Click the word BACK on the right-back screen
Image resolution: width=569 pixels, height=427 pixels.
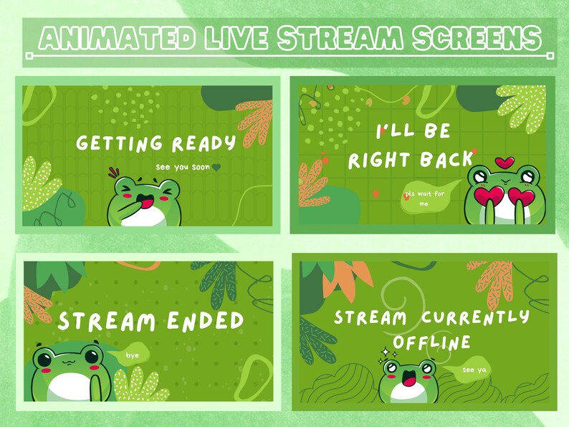point(446,159)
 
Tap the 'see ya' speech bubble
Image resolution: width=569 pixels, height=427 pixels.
point(470,370)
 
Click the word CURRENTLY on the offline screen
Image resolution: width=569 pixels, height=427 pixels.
point(476,317)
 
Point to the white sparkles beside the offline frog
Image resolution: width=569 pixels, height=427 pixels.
point(387,353)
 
